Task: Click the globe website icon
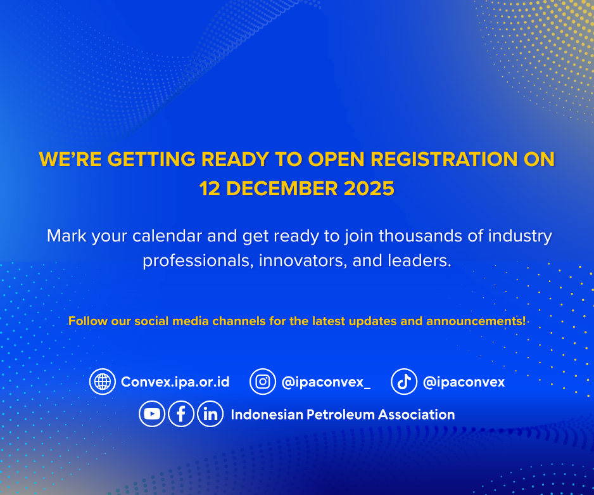103,382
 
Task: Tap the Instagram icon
263,382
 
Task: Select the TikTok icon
404,382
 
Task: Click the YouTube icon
152,414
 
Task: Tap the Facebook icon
181,414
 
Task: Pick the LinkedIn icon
210,414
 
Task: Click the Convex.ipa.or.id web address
175,382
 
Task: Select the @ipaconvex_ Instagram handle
325,382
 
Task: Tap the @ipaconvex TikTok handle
464,382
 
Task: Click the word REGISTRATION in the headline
444,159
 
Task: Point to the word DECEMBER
282,189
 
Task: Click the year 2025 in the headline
369,189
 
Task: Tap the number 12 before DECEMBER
210,189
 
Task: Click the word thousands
420,236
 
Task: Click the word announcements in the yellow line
476,321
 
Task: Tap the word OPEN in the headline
336,159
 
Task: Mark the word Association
416,415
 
